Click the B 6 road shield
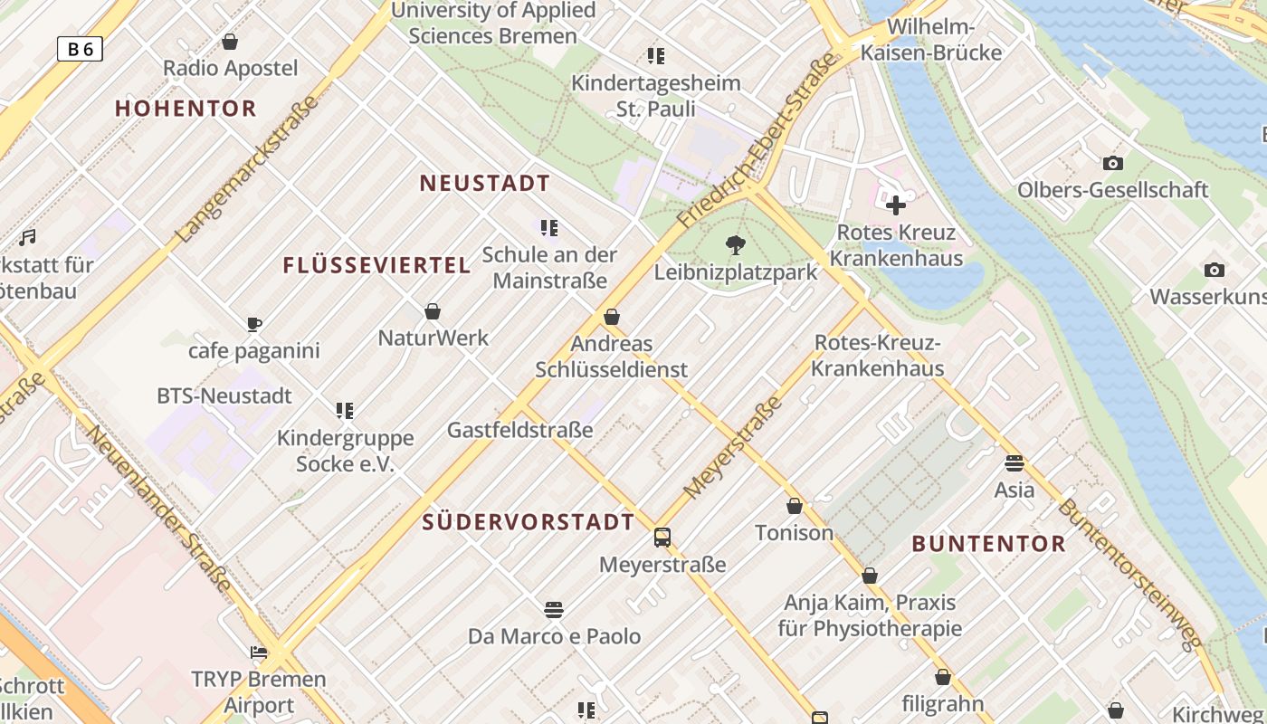tap(80, 49)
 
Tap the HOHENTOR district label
tap(186, 109)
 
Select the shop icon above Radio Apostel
tap(230, 42)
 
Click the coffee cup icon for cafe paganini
tap(254, 324)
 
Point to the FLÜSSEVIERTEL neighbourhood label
tap(376, 265)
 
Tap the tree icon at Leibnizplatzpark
tap(736, 244)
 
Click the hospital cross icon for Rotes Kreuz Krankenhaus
tap(896, 205)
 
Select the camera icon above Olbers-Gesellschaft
tap(1113, 164)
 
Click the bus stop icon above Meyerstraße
tap(662, 538)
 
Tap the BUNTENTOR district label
tap(988, 544)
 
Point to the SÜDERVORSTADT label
tap(529, 522)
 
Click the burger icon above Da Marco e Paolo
tap(554, 609)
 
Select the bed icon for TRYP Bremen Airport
tap(259, 653)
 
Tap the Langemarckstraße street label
tap(247, 169)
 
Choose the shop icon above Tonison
tap(795, 506)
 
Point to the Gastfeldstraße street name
tap(520, 430)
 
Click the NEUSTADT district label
tap(485, 184)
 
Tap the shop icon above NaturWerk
tap(433, 311)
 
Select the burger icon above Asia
tap(1015, 463)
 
